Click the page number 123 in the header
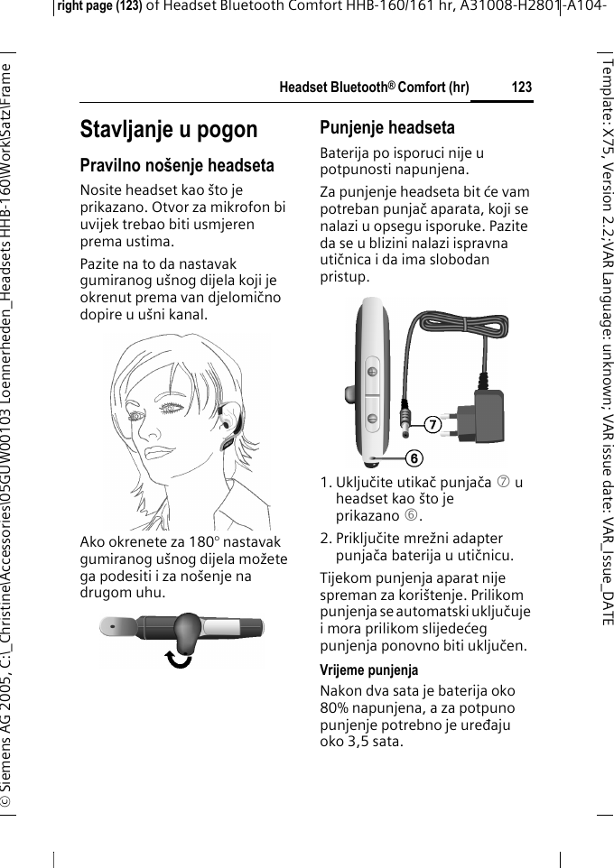(x=521, y=88)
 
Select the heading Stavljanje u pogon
(x=169, y=129)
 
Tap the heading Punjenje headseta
(x=387, y=127)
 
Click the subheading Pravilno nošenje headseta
(x=177, y=166)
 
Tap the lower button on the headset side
(x=371, y=417)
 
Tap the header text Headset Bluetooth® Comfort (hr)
(x=374, y=88)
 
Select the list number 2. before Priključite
(x=328, y=540)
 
